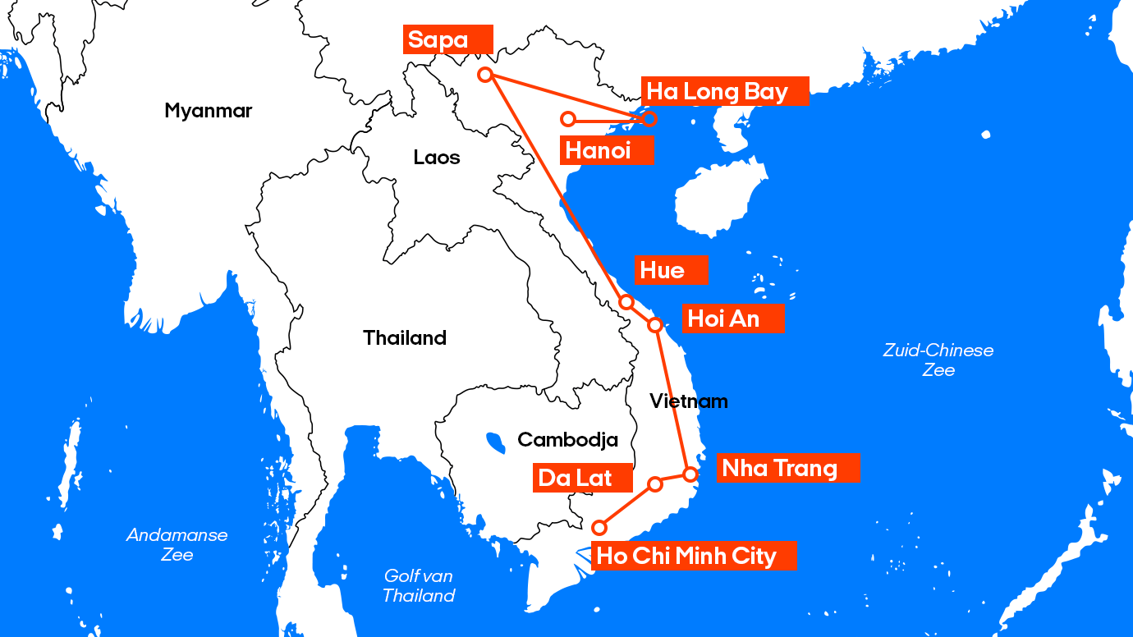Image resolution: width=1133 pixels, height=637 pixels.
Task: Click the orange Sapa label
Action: coord(448,39)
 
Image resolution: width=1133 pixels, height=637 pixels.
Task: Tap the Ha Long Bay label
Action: coord(724,91)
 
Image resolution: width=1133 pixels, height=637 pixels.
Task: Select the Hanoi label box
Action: coord(607,150)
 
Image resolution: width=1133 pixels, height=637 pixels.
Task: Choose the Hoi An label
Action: coord(732,318)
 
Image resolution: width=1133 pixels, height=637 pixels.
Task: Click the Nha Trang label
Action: coord(787,468)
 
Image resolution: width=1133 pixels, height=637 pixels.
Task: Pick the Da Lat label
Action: coord(583,478)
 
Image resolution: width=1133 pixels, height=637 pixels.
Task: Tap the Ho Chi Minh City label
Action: coord(694,556)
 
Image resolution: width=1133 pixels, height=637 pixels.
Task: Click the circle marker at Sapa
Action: coord(485,75)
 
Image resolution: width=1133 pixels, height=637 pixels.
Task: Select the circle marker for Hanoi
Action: coord(567,119)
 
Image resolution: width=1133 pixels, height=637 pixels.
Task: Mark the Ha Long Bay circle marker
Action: coord(649,119)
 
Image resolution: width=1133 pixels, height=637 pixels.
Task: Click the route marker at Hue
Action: coord(626,302)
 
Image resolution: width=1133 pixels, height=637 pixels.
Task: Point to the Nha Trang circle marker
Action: coord(690,474)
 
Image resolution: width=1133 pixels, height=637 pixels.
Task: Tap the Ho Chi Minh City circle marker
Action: coord(599,527)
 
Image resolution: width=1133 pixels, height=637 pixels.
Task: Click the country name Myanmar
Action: coord(208,111)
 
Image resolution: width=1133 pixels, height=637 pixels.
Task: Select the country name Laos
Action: coord(437,157)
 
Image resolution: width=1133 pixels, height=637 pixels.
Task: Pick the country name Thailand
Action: coord(405,337)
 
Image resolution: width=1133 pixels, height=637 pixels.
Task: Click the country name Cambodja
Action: coord(567,440)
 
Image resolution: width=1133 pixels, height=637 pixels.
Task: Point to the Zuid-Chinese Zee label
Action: coord(938,360)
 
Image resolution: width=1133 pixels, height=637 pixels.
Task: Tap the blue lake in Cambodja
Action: coord(495,443)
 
